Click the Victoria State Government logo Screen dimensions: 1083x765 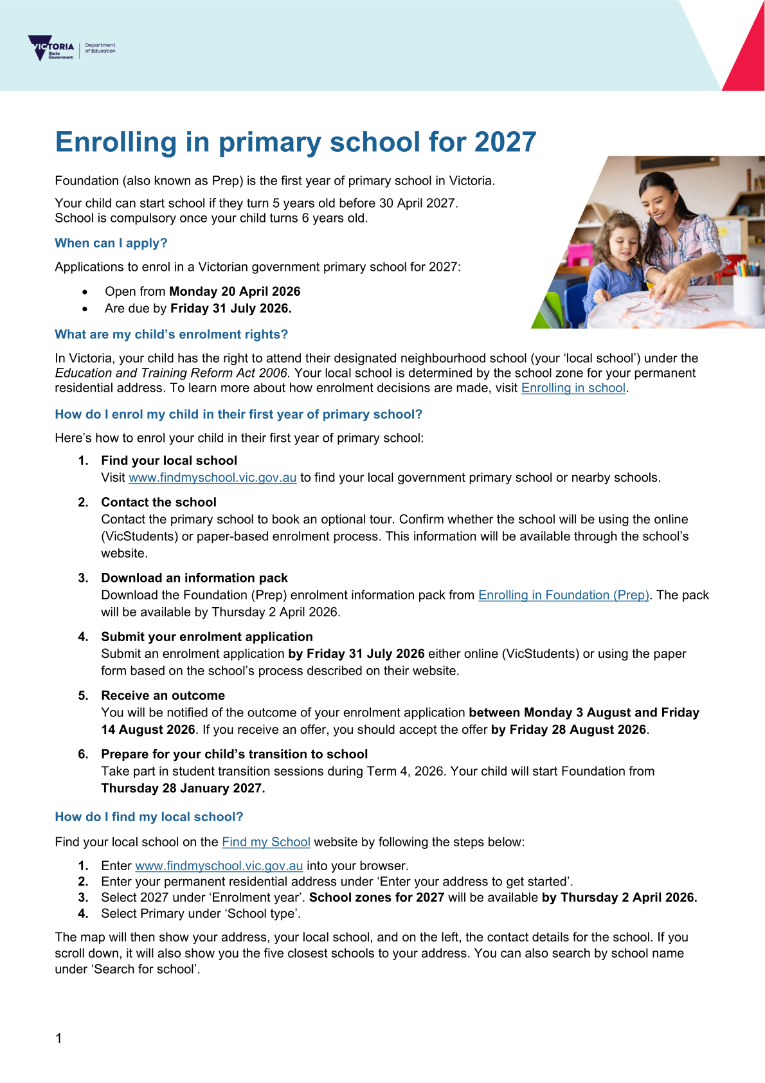(x=51, y=48)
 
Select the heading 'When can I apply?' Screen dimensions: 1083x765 (x=111, y=243)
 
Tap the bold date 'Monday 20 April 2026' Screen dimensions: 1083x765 (x=235, y=291)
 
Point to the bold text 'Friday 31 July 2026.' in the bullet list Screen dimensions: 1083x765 (x=231, y=308)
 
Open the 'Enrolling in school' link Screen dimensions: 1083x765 (x=573, y=388)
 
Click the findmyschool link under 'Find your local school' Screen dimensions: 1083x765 (x=212, y=477)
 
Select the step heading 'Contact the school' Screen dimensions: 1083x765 (x=159, y=502)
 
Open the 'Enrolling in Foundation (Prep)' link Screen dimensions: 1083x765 (x=564, y=595)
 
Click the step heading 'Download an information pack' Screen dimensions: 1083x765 (x=194, y=578)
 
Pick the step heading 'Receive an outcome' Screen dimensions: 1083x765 (x=163, y=695)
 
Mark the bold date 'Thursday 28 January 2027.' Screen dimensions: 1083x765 (x=183, y=788)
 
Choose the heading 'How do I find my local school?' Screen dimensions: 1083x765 (x=149, y=817)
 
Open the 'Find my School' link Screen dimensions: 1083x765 (x=266, y=842)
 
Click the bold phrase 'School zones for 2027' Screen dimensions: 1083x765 (x=377, y=897)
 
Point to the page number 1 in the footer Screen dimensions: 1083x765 (x=59, y=1038)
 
